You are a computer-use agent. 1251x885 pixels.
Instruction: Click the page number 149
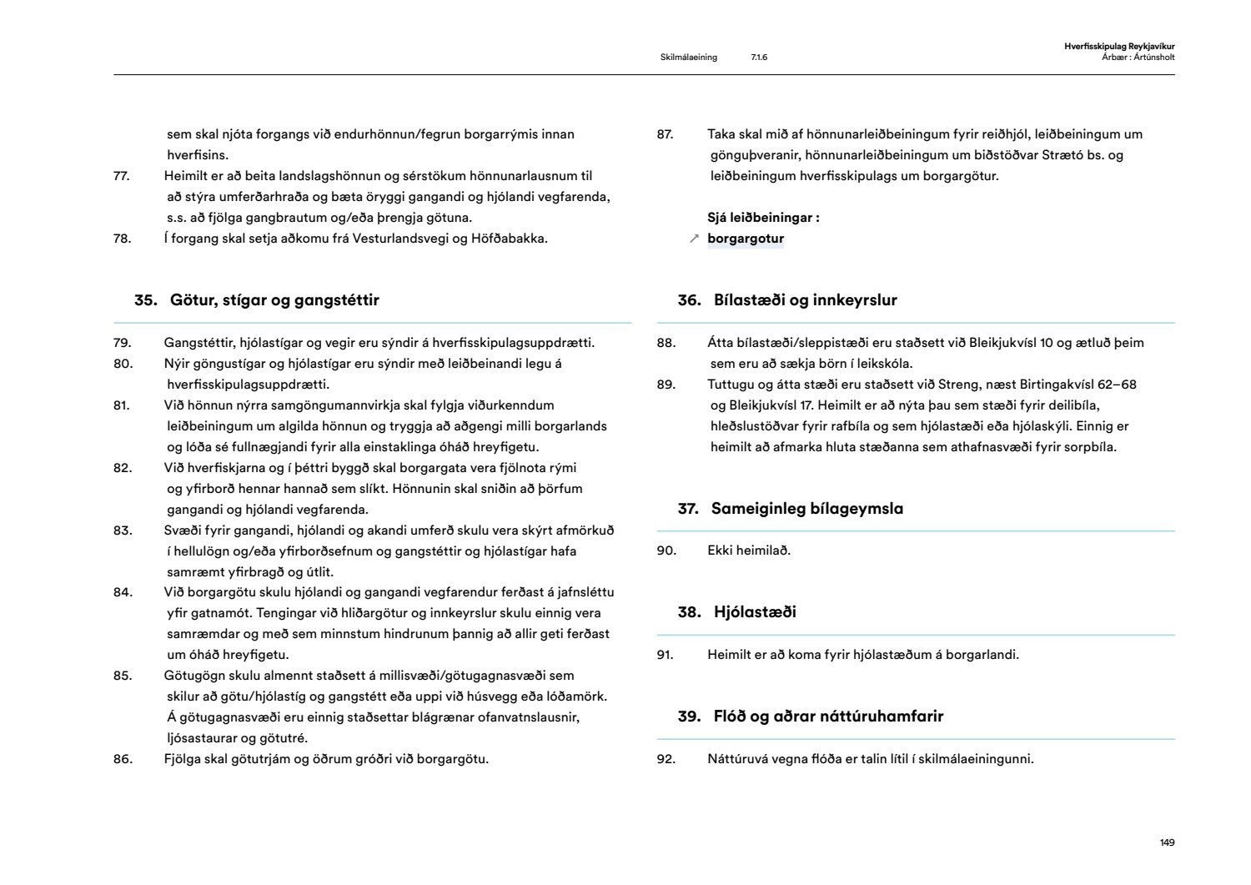[1167, 842]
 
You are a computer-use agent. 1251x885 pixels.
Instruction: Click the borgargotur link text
[746, 239]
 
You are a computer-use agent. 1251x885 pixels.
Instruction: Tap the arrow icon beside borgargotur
[694, 239]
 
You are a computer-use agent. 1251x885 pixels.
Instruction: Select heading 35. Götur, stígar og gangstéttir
[257, 300]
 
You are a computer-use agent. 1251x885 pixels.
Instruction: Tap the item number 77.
[123, 176]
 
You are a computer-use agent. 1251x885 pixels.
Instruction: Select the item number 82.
[123, 468]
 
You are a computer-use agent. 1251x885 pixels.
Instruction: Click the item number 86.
[123, 759]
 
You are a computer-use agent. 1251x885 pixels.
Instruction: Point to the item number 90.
[666, 551]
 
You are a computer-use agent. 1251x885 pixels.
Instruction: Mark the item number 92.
[666, 759]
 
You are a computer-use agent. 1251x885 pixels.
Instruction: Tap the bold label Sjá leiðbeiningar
[763, 218]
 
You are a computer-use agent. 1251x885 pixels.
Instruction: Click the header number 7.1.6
[759, 58]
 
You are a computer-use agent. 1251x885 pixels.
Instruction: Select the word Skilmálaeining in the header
[688, 58]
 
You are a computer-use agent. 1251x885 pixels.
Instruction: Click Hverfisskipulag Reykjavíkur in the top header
[1119, 47]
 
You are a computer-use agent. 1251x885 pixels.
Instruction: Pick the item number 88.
[666, 343]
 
